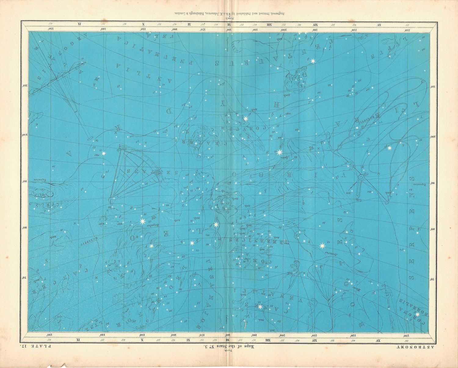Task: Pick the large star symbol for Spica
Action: (279, 152)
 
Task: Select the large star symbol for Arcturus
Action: (322, 246)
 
